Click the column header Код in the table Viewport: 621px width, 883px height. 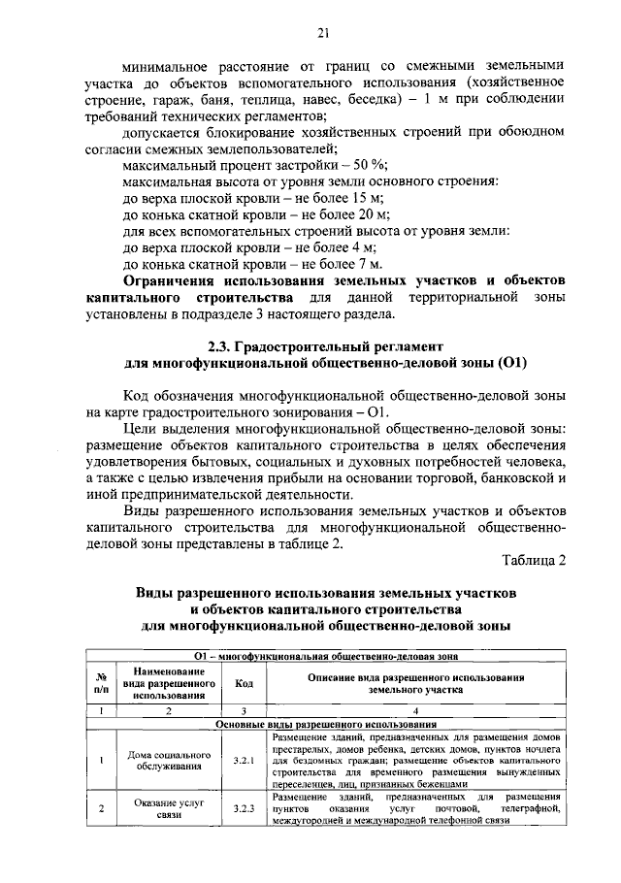pos(244,683)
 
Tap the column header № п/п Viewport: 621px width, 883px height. pos(101,683)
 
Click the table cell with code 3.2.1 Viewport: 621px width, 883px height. pos(244,761)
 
